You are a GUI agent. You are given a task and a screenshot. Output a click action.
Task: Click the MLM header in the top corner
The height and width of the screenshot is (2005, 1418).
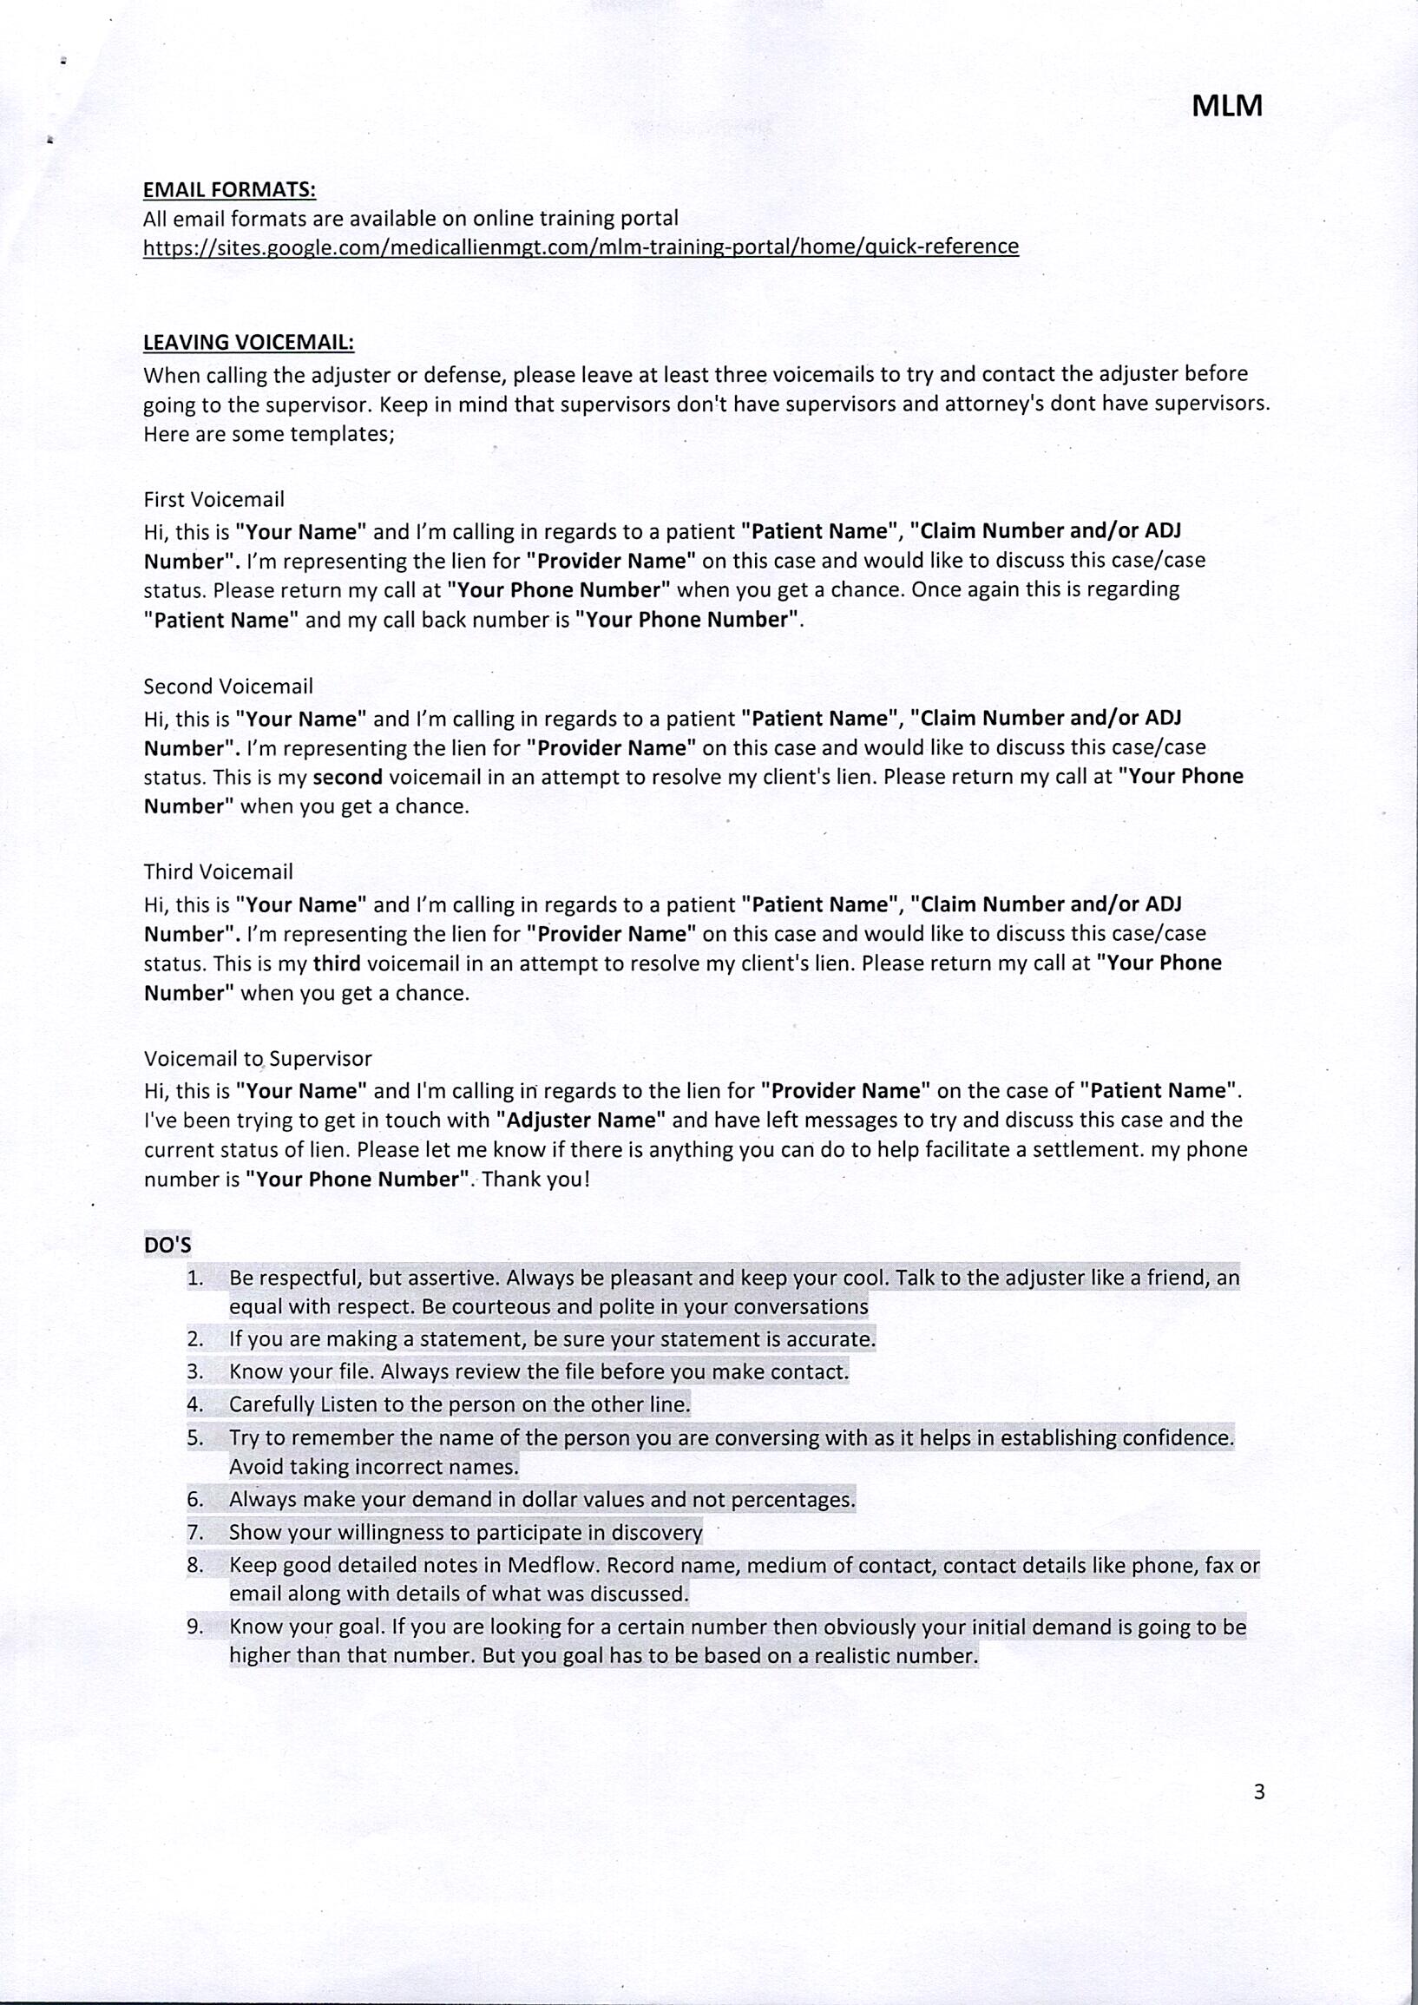(1227, 106)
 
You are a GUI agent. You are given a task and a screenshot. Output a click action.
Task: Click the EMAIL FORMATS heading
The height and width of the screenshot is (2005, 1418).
(230, 189)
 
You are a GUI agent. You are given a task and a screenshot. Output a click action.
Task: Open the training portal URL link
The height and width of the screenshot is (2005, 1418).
(581, 247)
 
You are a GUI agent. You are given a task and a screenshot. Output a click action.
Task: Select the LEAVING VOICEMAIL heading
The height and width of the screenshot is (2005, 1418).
(249, 341)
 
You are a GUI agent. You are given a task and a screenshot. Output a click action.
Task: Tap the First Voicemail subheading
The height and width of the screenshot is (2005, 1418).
(214, 499)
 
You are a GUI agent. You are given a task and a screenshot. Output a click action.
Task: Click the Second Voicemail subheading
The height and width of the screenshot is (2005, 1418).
(228, 687)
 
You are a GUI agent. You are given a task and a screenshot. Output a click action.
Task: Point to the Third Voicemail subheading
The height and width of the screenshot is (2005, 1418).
(219, 872)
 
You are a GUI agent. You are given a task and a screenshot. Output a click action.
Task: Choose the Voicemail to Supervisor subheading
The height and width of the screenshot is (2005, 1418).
(258, 1059)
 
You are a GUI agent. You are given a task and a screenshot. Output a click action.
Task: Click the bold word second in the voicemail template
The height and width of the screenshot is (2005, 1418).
(347, 776)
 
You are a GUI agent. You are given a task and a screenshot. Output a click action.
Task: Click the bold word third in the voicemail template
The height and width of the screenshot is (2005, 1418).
(337, 963)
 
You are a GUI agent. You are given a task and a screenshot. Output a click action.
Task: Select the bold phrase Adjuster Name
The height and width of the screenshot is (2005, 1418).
(581, 1120)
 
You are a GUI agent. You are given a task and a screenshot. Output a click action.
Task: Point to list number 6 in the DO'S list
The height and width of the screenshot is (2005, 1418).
(194, 1499)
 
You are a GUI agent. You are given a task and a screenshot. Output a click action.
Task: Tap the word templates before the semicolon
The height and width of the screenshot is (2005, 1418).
(340, 434)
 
